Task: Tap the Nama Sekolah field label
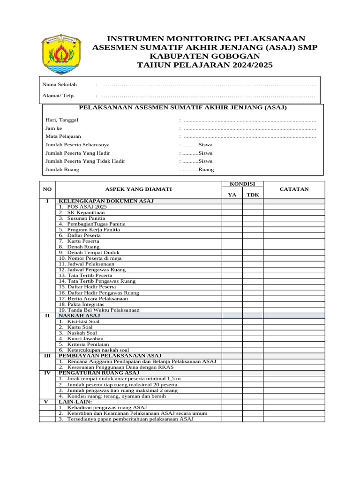coord(60,84)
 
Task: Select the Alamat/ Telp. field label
coord(59,96)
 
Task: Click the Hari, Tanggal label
coord(61,120)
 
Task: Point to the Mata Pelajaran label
coord(63,136)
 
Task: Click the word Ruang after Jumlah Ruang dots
coord(206,170)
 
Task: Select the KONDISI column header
coord(242,184)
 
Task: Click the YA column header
coord(232,195)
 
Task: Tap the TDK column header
coord(253,195)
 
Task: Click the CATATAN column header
coord(294,189)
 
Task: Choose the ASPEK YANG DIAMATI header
coord(138,189)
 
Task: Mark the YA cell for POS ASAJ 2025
coord(232,207)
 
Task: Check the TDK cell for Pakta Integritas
coord(253,304)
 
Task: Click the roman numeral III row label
coord(47,356)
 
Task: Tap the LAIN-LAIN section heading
coord(75,402)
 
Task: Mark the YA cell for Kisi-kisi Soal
coord(232,322)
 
